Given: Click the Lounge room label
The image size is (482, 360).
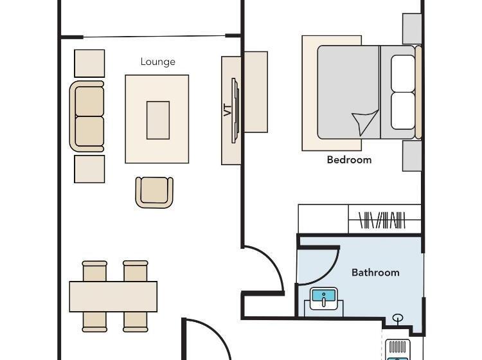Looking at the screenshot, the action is (157, 62).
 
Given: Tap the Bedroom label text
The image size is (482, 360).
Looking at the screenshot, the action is (349, 160).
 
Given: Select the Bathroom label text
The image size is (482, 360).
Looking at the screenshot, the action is (375, 273).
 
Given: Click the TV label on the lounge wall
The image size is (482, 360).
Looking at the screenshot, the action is (228, 111).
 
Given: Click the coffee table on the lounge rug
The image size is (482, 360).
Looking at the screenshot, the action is (158, 120).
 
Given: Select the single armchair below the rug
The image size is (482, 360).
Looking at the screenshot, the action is (154, 192).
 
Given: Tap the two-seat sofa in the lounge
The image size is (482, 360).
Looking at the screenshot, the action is (87, 116).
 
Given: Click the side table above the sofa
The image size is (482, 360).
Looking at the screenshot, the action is (89, 64).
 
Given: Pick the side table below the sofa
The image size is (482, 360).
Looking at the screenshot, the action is (89, 169).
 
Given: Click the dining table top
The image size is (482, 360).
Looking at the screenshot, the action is (113, 296).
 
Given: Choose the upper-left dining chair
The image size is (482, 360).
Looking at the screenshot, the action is (94, 271).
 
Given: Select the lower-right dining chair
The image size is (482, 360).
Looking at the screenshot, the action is (136, 322).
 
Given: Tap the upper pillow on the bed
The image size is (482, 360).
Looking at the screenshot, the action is (403, 73).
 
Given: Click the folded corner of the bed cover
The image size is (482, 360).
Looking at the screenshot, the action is (366, 122).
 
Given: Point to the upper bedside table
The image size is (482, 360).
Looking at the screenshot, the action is (412, 28).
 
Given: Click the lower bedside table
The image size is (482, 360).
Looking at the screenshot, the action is (412, 156).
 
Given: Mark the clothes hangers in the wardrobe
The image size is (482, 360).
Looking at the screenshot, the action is (382, 220).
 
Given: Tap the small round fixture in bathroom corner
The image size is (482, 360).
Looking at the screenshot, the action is (398, 318).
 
